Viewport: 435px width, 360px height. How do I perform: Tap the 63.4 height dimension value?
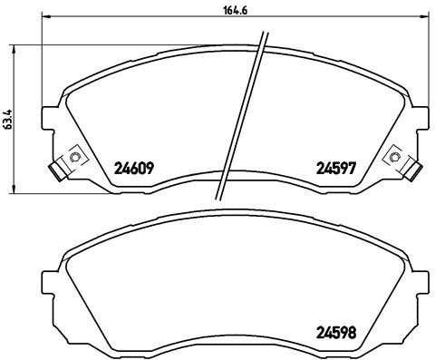click(9, 119)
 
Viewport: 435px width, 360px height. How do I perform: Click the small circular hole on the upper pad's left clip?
click(75, 157)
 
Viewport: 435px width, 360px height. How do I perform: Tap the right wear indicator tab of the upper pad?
click(411, 168)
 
